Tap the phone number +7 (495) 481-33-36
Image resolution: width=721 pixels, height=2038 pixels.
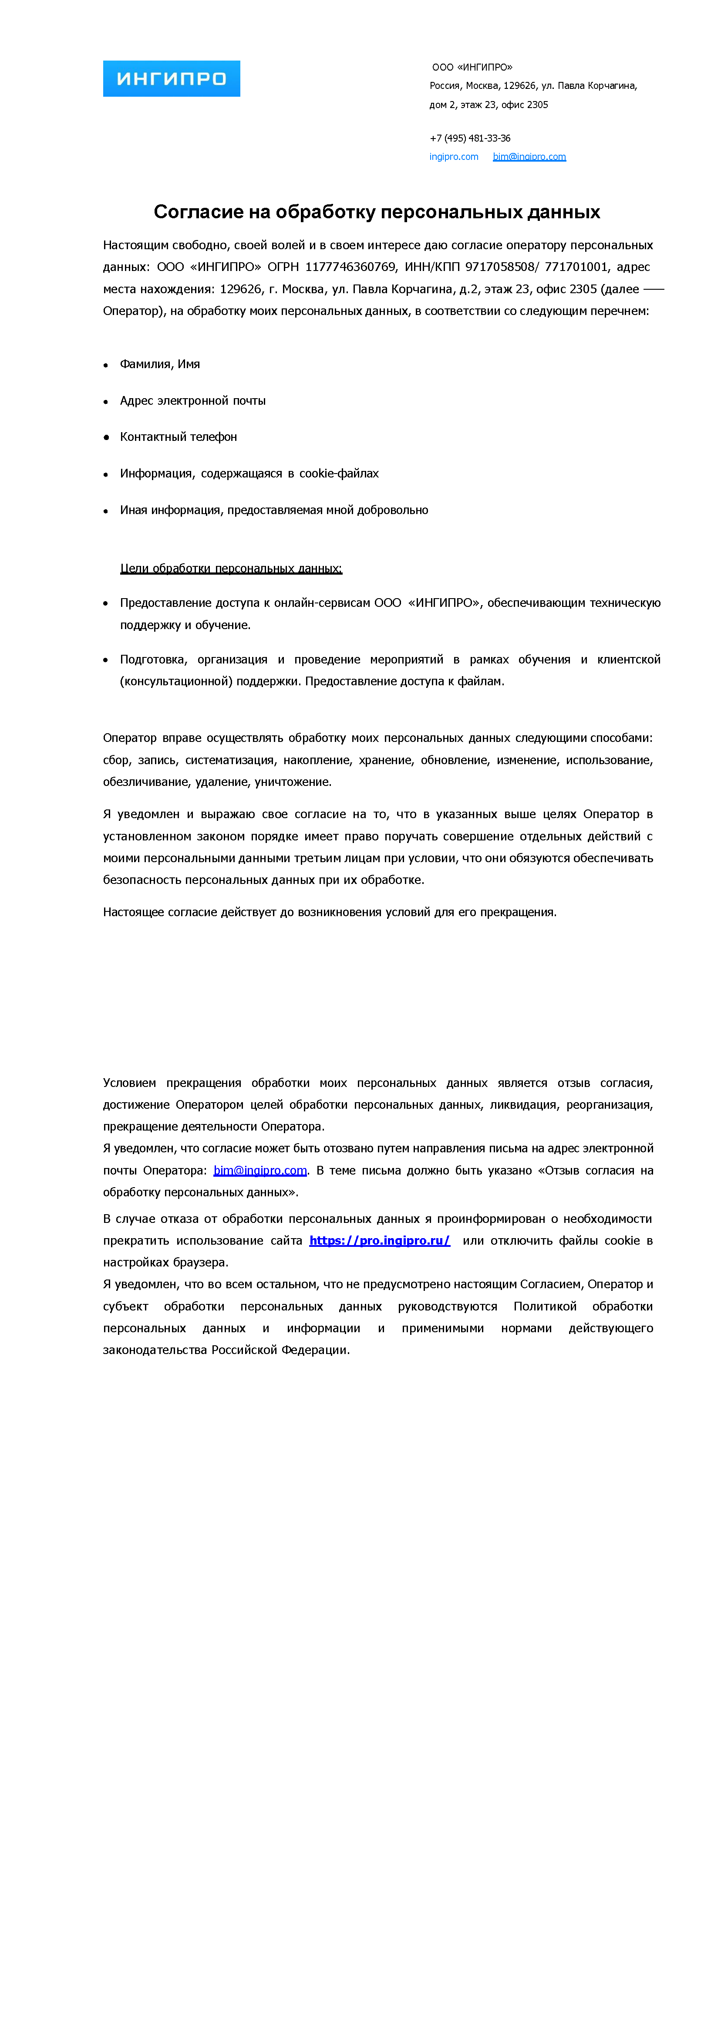point(470,138)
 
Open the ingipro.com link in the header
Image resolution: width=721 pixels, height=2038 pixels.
point(454,157)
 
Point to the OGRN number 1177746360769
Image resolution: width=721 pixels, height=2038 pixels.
point(350,267)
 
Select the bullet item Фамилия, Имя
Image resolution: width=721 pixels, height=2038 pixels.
point(160,364)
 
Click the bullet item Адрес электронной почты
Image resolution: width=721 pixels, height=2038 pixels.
point(192,400)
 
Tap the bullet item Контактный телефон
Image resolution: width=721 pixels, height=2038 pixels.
point(178,437)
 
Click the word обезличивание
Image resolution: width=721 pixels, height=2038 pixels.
point(147,782)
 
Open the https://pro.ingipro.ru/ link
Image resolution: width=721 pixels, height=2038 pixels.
point(380,1240)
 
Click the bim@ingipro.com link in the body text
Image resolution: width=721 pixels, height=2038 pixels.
point(259,1170)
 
